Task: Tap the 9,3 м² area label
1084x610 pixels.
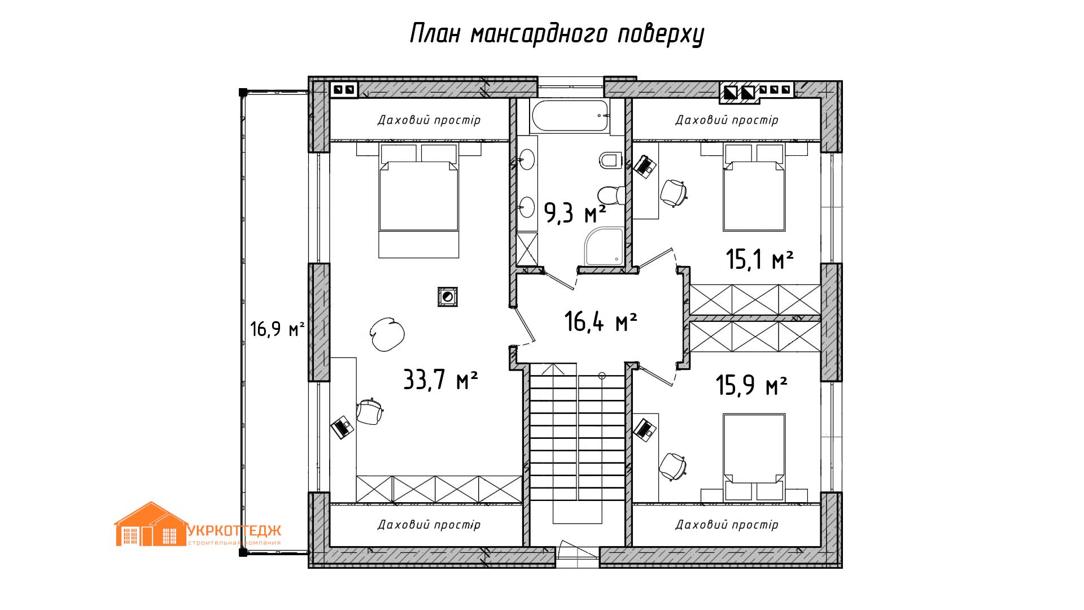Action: (x=575, y=213)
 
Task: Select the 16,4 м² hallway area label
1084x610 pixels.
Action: (x=601, y=321)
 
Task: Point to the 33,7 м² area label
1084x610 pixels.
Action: (x=440, y=380)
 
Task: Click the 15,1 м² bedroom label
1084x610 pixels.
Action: (x=759, y=259)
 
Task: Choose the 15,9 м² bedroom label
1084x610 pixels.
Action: (x=751, y=385)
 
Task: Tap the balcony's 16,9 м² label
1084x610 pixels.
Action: (x=277, y=329)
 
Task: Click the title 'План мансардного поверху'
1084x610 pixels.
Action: (x=557, y=33)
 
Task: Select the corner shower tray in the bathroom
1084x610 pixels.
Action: (x=605, y=246)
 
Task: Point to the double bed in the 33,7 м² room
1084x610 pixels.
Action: (x=418, y=201)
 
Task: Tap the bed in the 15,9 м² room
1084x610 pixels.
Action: (x=754, y=457)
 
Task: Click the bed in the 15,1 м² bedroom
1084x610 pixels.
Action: (x=754, y=188)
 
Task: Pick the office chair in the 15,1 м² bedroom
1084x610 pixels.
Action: (x=674, y=193)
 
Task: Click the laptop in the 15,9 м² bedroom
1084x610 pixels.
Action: (x=644, y=429)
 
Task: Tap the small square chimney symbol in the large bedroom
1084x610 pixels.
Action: (x=448, y=297)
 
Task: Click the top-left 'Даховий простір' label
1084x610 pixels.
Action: (x=429, y=120)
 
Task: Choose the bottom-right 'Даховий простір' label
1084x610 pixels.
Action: (x=727, y=525)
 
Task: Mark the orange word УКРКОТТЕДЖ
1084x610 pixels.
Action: (x=234, y=531)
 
